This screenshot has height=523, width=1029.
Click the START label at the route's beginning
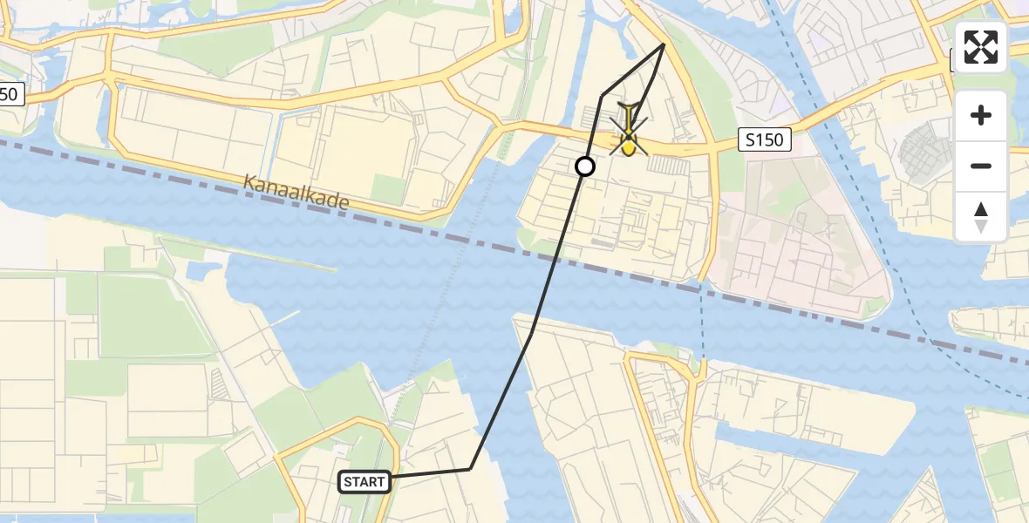pos(365,481)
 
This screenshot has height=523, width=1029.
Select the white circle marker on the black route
pos(585,166)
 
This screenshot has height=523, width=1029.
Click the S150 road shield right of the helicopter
pos(765,139)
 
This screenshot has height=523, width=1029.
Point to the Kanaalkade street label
pos(296,194)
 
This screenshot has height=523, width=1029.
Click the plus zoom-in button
pos(981,115)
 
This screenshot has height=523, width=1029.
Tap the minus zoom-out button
pos(981,166)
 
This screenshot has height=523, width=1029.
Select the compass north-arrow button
pos(981,217)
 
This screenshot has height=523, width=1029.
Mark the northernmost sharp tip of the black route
pos(664,44)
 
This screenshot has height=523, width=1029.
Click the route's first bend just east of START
pos(470,469)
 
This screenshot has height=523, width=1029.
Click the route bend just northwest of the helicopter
pos(603,95)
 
